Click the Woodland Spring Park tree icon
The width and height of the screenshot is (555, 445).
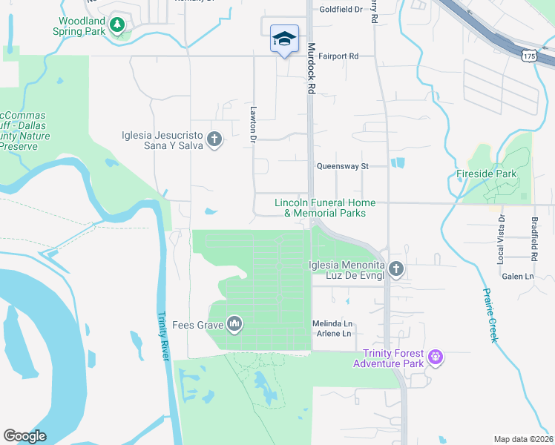tap(116, 25)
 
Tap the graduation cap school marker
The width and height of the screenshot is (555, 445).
tap(283, 39)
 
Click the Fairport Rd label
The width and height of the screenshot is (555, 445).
tap(338, 56)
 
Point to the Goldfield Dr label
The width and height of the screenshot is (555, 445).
tap(341, 10)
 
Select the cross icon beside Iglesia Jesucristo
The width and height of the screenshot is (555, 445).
tap(214, 139)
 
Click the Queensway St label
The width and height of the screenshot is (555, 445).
tap(342, 167)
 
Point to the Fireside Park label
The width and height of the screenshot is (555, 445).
tap(487, 174)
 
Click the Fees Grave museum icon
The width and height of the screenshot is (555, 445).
tap(234, 323)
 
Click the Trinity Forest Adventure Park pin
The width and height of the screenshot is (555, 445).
tap(436, 358)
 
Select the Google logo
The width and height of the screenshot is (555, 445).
tap(24, 436)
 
